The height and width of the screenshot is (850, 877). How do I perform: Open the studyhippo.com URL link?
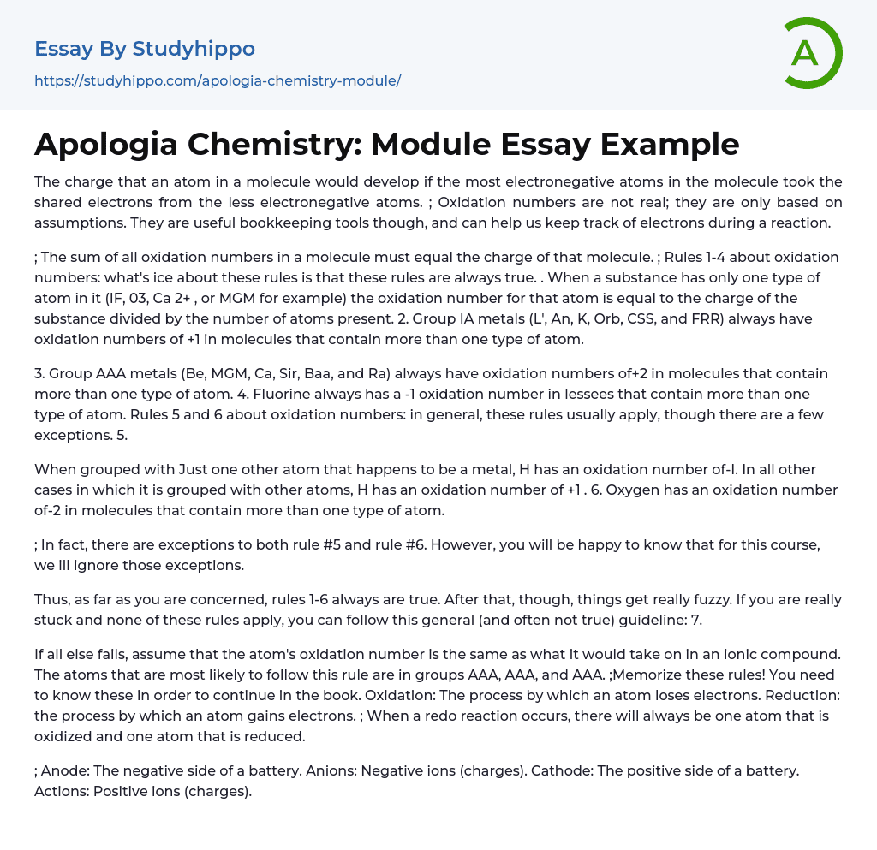tap(218, 81)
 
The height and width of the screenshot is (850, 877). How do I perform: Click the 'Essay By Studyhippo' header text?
tap(145, 49)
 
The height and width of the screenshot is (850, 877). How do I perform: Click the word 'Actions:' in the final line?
tap(61, 791)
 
